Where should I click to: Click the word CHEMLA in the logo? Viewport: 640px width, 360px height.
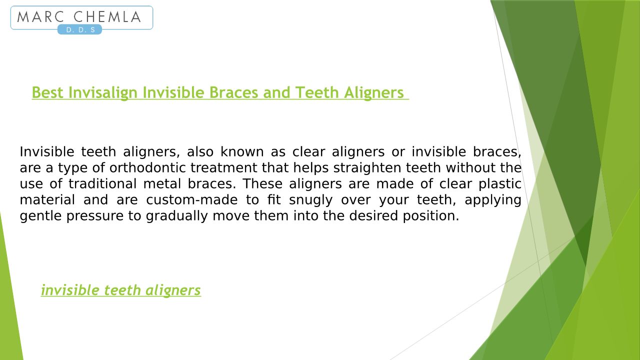[x=107, y=17]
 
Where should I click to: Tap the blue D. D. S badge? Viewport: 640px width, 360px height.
[x=79, y=29]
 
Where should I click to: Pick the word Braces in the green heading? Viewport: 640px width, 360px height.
[x=233, y=92]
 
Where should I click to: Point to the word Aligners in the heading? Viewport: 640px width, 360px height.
[x=373, y=93]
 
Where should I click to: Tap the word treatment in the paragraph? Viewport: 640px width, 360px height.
[x=223, y=167]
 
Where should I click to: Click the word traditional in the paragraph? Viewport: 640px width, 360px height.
[x=102, y=183]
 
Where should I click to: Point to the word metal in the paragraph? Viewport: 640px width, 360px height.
[x=162, y=183]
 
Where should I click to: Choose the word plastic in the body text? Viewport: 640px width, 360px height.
[x=499, y=184]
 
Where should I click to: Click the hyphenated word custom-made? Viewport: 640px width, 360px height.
[x=191, y=199]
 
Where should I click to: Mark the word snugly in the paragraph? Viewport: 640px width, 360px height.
[x=311, y=200]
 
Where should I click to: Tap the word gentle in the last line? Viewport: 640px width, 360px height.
[x=40, y=216]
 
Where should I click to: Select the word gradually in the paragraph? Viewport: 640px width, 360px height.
[x=176, y=216]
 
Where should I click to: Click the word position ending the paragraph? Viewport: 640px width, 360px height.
[x=431, y=216]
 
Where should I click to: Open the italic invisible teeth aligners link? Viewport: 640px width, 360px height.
[x=121, y=290]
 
